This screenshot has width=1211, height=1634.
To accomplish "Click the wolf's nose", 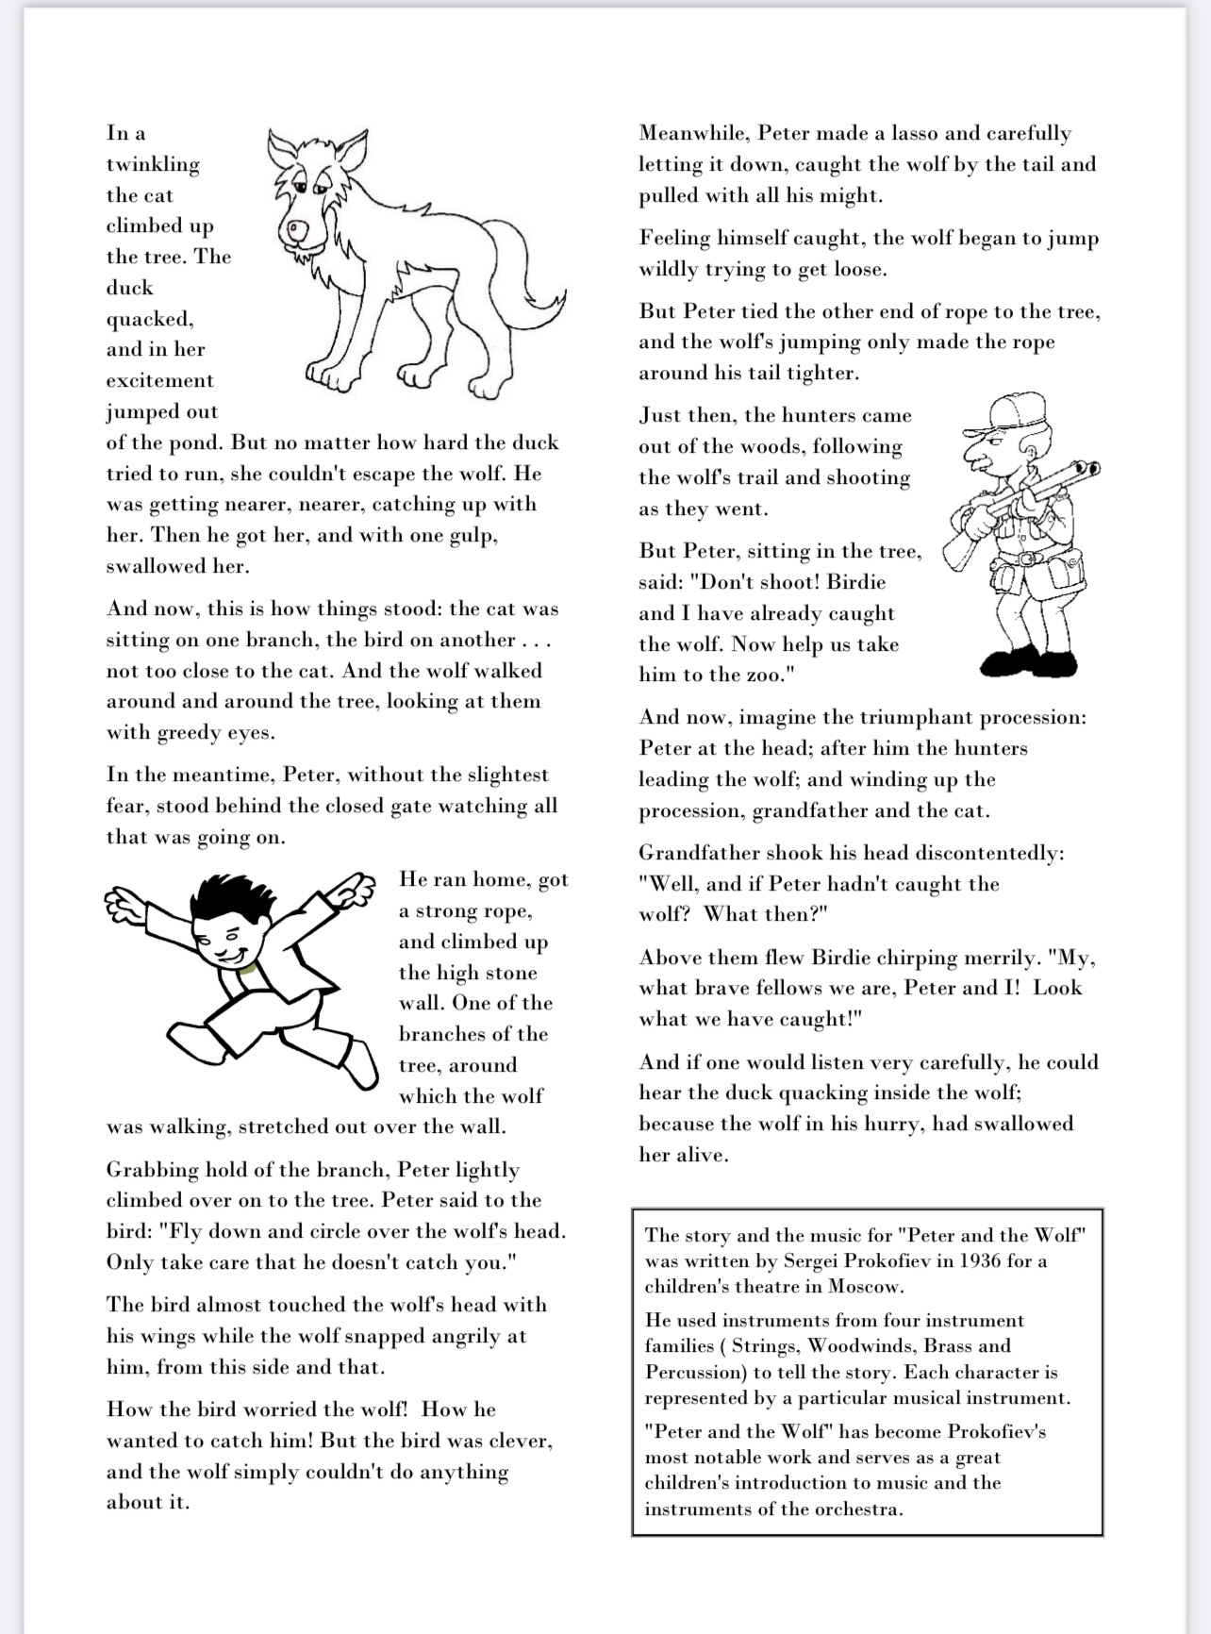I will [x=298, y=228].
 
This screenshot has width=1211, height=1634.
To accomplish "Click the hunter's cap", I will [x=1002, y=412].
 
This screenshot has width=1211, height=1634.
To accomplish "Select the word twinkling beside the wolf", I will [x=153, y=165].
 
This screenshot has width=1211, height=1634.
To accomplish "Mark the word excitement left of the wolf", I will [x=159, y=381].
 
